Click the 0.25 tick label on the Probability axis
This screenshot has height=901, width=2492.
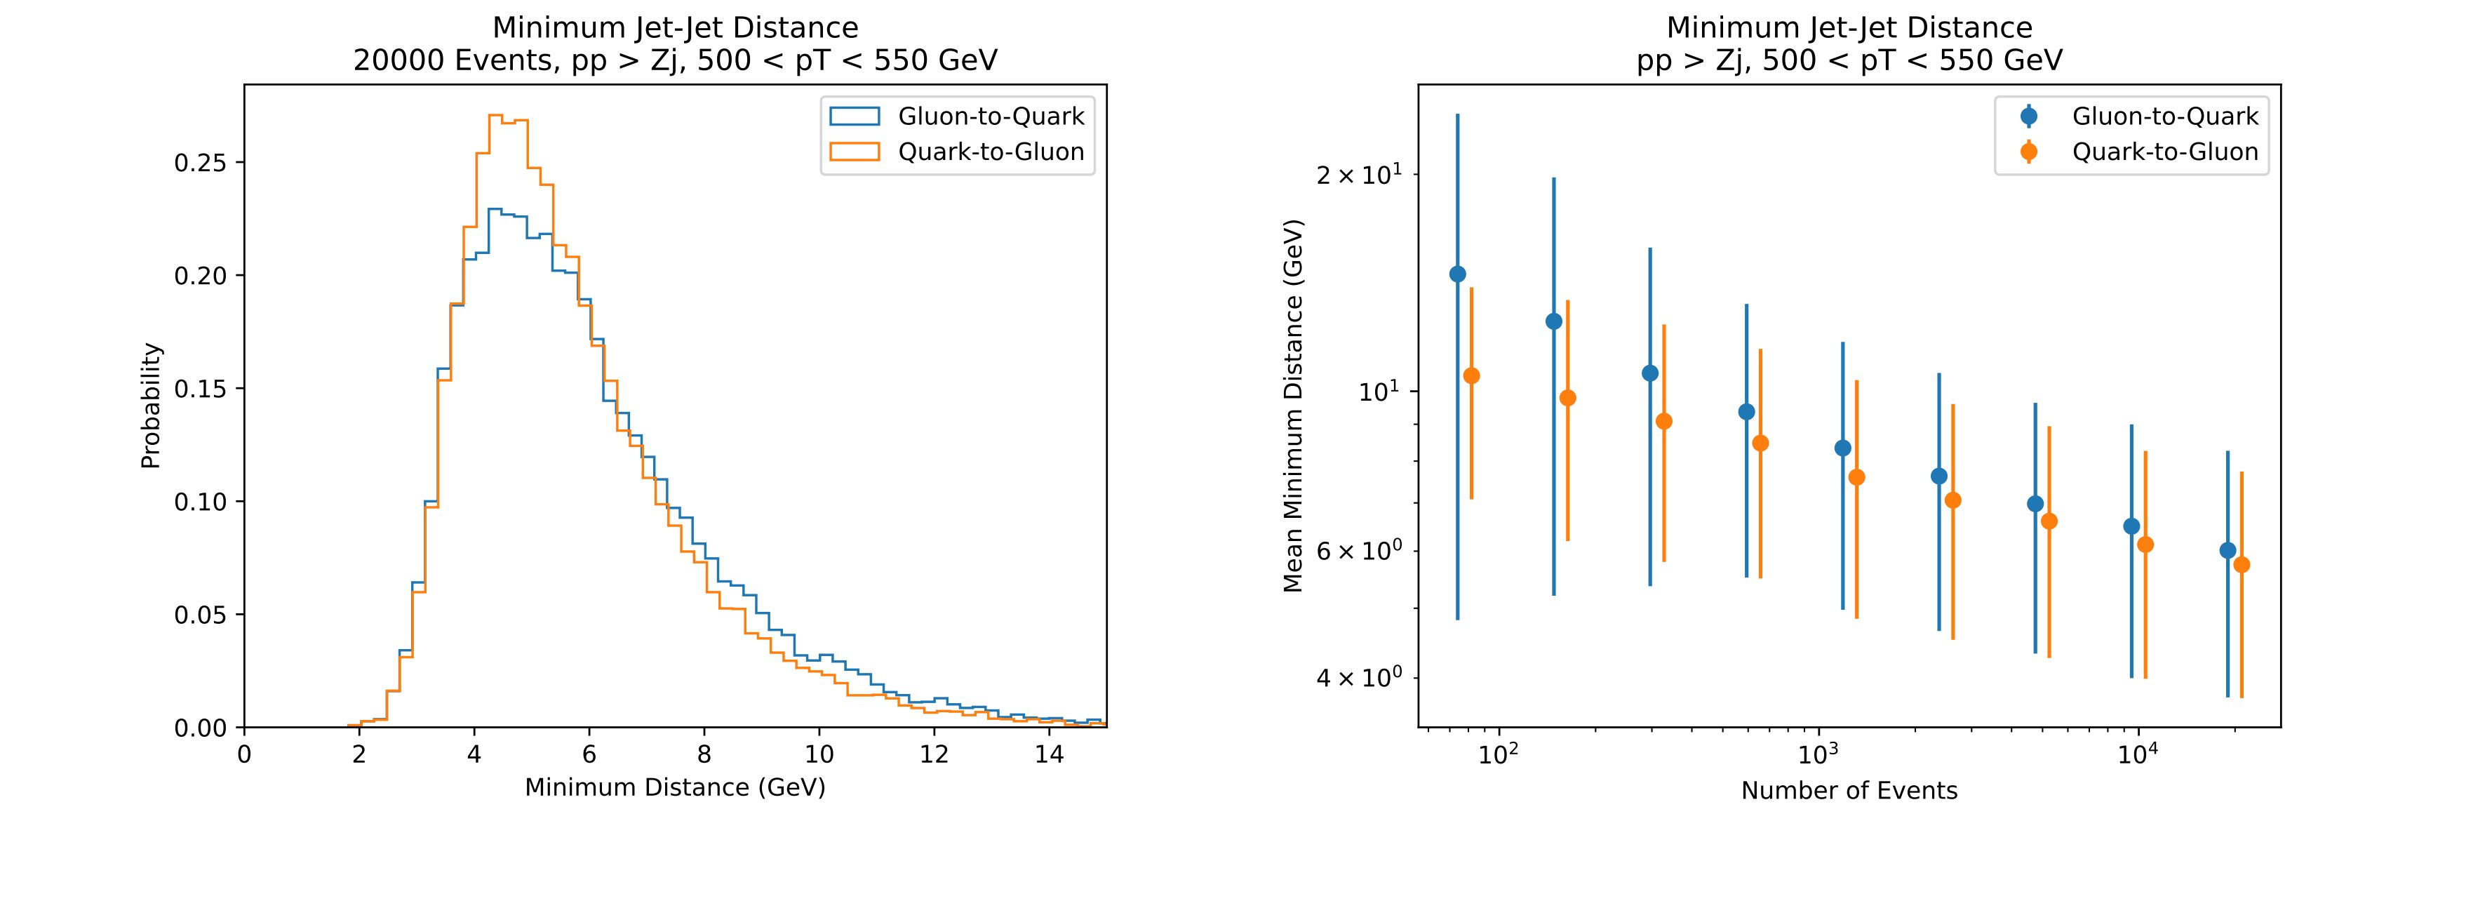[199, 163]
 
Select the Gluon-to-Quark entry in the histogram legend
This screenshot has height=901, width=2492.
[991, 116]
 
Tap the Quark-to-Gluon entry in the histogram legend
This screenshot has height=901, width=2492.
[991, 152]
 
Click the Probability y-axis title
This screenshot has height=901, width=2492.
[151, 406]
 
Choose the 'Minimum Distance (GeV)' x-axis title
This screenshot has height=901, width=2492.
[675, 788]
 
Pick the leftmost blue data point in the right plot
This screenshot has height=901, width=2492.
[1458, 274]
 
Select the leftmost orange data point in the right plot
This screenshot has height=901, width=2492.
[1471, 375]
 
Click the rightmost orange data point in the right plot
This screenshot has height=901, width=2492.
[2242, 564]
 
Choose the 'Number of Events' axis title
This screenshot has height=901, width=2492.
[1849, 791]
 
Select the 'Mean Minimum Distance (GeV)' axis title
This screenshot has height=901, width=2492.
[1294, 406]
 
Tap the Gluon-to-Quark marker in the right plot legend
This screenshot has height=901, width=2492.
[2030, 116]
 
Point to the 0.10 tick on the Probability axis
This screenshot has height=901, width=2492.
[199, 501]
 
